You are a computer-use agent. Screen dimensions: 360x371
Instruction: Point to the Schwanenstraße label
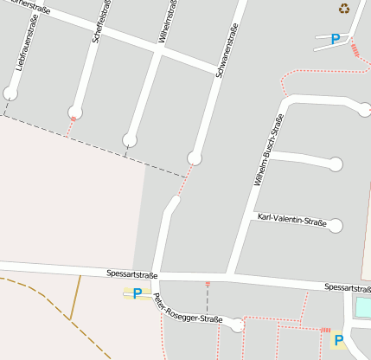point(227,50)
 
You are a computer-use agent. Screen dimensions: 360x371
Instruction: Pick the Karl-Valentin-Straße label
point(292,221)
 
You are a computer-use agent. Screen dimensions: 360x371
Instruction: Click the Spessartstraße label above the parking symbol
point(132,274)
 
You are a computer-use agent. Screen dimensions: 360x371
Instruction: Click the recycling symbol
point(344,9)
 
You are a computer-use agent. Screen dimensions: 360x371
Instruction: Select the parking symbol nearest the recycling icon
point(335,38)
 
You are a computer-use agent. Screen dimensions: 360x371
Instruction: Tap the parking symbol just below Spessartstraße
point(137,293)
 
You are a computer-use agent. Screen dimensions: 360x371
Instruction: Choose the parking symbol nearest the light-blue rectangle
point(339,340)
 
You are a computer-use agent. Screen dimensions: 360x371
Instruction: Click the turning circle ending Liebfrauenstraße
point(10,93)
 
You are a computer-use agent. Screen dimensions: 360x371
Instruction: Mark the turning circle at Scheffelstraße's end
point(75,111)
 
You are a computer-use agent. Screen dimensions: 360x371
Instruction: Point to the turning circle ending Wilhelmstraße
point(130,139)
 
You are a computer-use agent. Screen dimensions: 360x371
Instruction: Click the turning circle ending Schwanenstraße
point(195,157)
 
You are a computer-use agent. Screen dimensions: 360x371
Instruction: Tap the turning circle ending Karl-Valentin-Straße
point(336,226)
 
